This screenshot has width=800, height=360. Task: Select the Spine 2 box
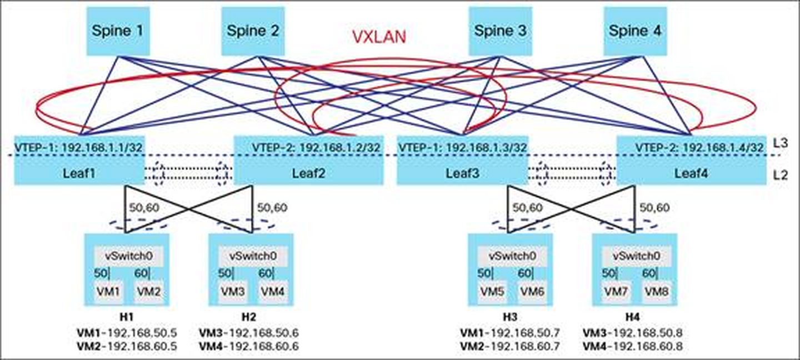253,31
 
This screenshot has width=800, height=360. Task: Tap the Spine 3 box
499,31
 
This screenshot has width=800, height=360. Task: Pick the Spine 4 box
635,31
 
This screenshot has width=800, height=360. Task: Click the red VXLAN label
379,37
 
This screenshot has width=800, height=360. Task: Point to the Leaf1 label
79,173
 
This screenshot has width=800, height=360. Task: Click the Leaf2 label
309,173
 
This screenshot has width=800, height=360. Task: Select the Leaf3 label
461,173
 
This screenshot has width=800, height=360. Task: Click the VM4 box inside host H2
273,291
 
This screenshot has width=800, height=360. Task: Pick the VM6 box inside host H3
532,291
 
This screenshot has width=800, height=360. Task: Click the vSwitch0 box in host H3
512,256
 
